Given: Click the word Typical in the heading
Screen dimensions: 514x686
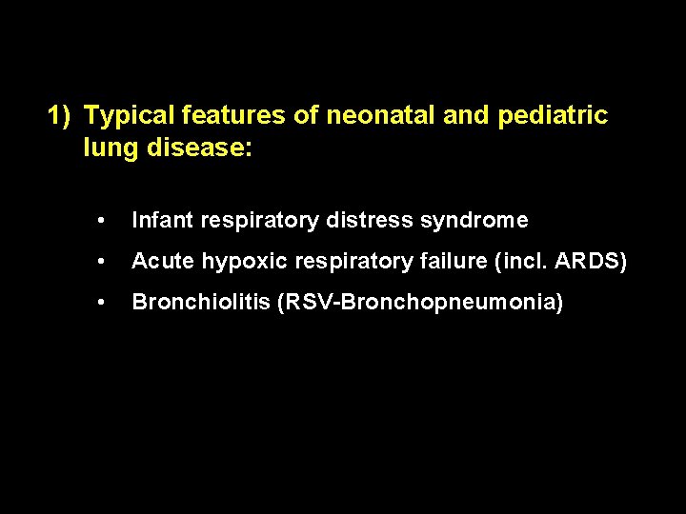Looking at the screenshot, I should click(x=127, y=116).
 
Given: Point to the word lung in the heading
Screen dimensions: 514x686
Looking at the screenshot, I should click(x=107, y=148).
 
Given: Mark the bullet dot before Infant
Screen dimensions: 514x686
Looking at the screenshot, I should click(x=101, y=221).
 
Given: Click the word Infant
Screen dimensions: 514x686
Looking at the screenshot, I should click(x=159, y=221).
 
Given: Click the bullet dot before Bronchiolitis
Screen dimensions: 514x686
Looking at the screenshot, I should click(x=101, y=303).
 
